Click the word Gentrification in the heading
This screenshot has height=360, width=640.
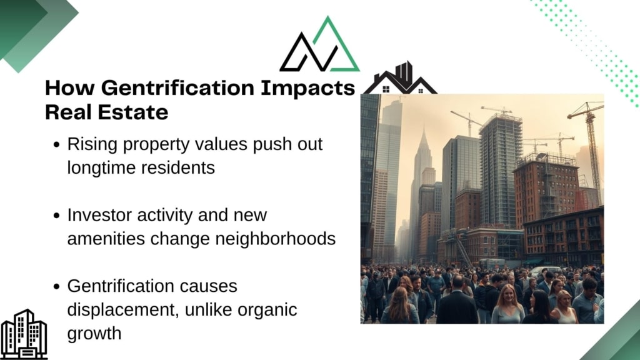coord(177,88)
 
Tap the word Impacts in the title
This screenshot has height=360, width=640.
coord(307,89)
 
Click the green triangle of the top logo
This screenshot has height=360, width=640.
coord(335,44)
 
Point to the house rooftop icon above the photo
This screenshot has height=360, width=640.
coord(400,79)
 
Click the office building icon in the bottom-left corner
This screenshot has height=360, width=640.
coord(24,334)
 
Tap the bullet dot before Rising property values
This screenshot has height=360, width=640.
coord(57,144)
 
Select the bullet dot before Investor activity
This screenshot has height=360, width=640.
coord(57,216)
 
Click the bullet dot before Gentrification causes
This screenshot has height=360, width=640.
coord(57,286)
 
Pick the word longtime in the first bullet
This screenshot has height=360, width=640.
coord(103,167)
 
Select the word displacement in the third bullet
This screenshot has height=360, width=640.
coord(123,310)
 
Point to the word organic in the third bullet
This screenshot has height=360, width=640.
coord(267,310)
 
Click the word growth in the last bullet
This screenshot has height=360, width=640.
coord(94,334)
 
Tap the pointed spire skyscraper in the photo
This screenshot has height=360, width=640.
coord(422,171)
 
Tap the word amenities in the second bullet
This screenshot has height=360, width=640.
coord(106,239)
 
